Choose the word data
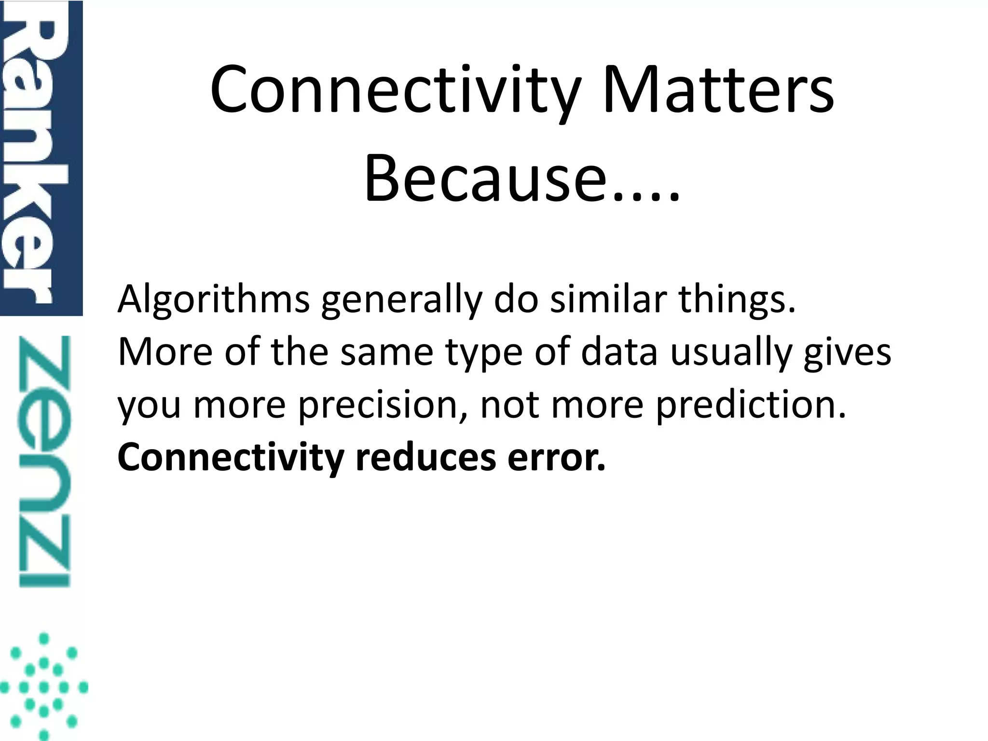(x=619, y=352)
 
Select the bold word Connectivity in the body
(x=231, y=458)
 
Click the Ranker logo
(x=41, y=158)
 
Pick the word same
(x=386, y=352)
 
